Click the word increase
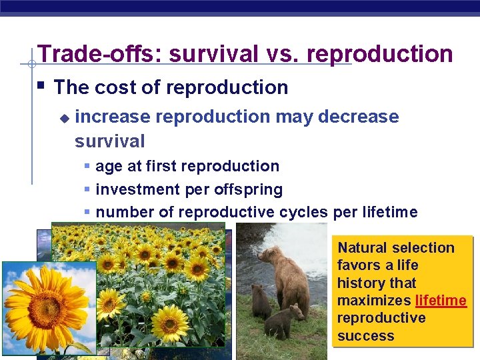(x=113, y=117)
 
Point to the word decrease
(x=359, y=117)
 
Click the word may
(x=294, y=117)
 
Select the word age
(x=109, y=167)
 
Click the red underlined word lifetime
(x=441, y=301)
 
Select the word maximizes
(x=374, y=301)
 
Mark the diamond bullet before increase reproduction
(x=64, y=118)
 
